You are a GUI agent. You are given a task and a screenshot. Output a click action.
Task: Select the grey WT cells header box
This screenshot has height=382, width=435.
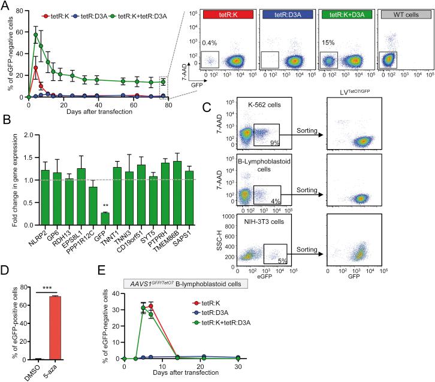click(x=404, y=13)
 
